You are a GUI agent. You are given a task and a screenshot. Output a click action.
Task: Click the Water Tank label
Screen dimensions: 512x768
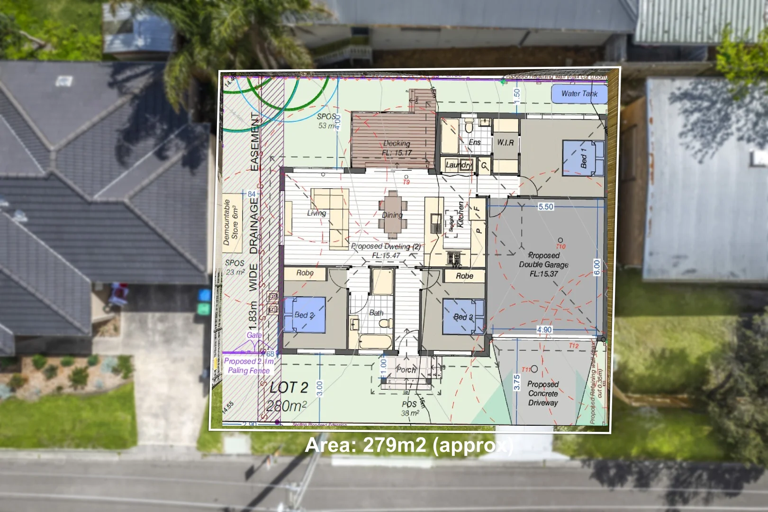tap(579, 94)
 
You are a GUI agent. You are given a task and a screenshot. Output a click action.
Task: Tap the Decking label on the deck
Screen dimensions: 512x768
tap(397, 143)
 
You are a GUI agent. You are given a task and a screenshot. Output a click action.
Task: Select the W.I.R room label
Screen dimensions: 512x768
tap(505, 142)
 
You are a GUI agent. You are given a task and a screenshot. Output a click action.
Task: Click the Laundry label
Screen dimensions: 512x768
tap(459, 165)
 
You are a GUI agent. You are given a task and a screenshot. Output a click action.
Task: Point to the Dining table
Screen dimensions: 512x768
tap(393, 215)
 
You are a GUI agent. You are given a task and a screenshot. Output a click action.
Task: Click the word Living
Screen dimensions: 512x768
tap(316, 213)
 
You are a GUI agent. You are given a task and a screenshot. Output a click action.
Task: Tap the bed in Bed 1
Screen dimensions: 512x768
tap(584, 158)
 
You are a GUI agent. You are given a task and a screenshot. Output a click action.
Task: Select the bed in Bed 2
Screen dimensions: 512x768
tap(304, 315)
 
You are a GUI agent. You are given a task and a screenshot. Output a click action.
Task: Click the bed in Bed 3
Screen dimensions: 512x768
tap(463, 317)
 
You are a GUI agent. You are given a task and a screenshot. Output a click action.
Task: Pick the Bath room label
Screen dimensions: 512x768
tap(376, 313)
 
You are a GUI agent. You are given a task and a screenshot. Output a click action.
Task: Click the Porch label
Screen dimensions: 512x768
tap(406, 370)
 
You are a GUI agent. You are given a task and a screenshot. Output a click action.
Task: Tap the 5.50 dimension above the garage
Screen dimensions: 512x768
tap(546, 207)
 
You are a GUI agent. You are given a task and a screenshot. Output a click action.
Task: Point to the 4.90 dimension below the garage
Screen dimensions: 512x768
tap(544, 330)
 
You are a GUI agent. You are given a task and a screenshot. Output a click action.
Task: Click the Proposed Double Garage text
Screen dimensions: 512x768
tap(544, 265)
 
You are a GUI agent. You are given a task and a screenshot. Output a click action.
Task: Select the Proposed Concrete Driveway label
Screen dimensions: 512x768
tap(543, 393)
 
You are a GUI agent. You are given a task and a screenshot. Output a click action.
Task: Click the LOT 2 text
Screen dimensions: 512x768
tap(289, 388)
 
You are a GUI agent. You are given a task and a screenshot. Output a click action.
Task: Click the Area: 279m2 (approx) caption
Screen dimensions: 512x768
tap(409, 446)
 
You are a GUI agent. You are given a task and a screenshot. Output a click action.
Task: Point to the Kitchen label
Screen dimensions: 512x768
tap(461, 214)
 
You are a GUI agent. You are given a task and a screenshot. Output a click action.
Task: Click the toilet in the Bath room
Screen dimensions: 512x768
tap(385, 323)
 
